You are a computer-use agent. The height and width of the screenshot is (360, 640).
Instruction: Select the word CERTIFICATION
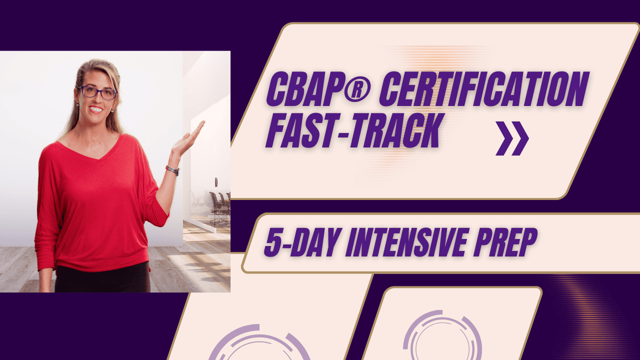(484, 89)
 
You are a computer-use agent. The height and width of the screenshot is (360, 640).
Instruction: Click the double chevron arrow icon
(512, 138)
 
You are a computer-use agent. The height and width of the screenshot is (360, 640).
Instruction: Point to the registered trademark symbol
(357, 89)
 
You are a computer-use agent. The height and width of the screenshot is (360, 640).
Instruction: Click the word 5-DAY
(302, 242)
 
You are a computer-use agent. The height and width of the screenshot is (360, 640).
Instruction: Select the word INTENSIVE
(406, 242)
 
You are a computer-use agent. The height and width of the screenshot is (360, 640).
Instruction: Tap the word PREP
(505, 242)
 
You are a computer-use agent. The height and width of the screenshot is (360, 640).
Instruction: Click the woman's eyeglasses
(97, 93)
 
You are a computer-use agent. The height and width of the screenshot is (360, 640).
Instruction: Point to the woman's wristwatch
(172, 170)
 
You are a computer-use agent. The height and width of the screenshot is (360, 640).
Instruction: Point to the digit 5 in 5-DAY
(273, 242)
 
